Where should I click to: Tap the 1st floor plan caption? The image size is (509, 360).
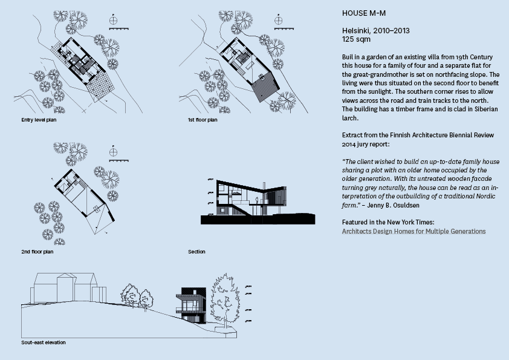point(203,120)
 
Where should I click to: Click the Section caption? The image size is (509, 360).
point(196,251)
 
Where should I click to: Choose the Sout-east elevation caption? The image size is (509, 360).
point(43,342)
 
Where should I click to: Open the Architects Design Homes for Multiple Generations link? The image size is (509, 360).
point(413,231)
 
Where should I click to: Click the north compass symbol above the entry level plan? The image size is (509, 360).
point(113,21)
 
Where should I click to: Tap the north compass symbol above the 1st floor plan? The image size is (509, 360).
point(279,21)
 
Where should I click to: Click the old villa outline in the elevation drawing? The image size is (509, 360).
point(65,288)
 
